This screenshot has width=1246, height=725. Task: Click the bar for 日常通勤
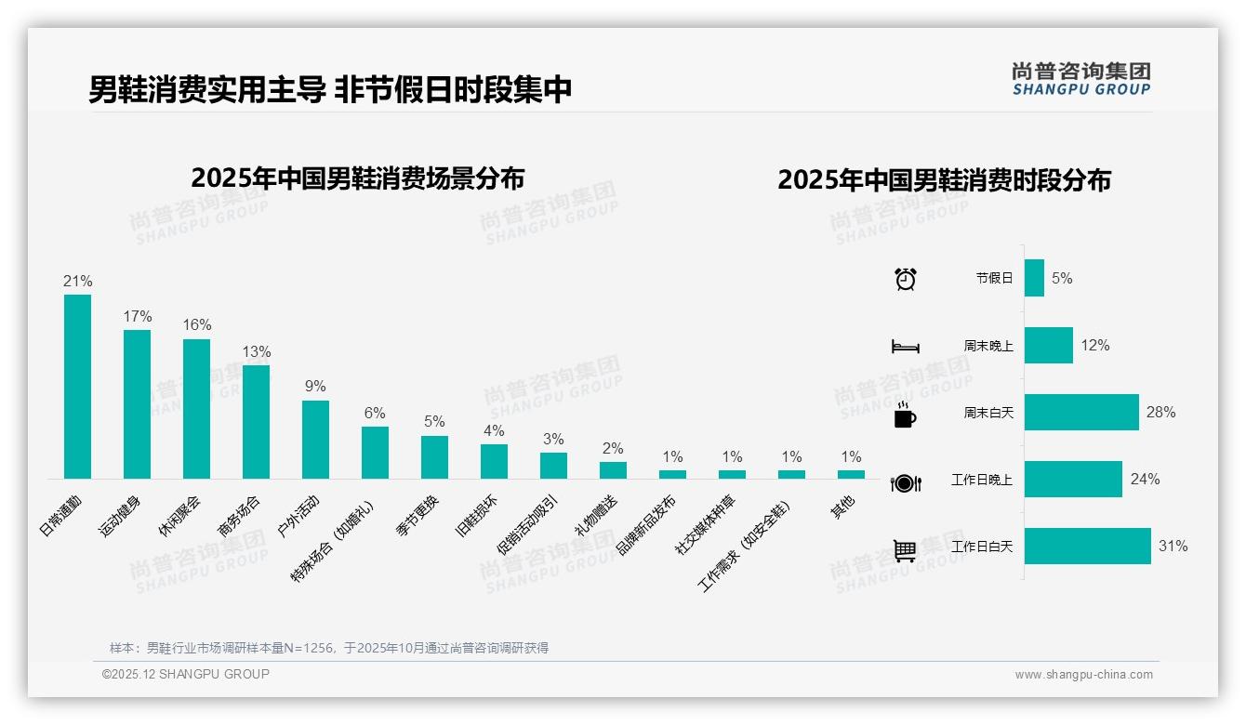click(77, 386)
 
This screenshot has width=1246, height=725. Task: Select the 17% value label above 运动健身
click(138, 316)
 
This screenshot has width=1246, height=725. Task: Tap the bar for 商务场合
click(256, 421)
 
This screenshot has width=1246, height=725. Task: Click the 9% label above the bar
click(315, 387)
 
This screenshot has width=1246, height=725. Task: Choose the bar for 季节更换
click(434, 456)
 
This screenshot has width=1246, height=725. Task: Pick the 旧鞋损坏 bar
click(494, 461)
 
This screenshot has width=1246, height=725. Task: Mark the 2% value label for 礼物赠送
click(613, 448)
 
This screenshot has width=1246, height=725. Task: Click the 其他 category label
click(842, 507)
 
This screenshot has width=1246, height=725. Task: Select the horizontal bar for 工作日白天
click(1087, 547)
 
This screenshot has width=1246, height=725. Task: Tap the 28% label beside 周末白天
click(1160, 412)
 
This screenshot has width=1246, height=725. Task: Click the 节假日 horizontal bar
click(1034, 278)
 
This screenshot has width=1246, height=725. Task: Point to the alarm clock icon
click(905, 278)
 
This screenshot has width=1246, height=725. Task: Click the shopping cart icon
click(905, 550)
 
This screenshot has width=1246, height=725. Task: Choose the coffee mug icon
click(904, 415)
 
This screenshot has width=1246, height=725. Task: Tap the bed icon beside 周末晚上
click(905, 347)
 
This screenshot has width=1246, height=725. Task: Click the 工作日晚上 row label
click(982, 480)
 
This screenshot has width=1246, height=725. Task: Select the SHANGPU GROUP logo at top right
click(1080, 79)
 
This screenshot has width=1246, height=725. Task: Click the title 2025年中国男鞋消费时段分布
click(944, 180)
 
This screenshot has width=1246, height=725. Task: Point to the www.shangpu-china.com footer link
click(1083, 675)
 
